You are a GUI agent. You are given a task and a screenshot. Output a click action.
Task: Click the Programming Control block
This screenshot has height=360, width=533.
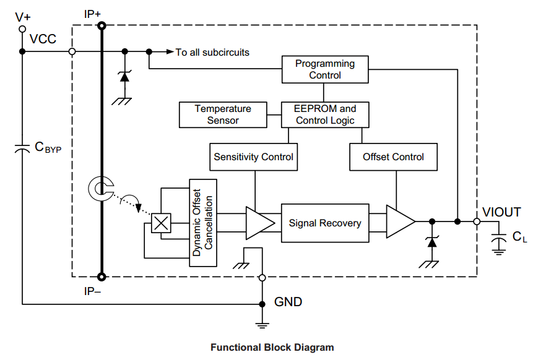(x=325, y=69)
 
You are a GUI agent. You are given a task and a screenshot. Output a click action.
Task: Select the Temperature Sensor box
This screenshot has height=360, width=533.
(x=223, y=114)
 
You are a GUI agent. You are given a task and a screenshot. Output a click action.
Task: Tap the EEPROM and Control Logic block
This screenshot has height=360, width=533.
(x=325, y=114)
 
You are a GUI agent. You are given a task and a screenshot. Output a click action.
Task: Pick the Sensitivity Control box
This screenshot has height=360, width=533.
(x=254, y=157)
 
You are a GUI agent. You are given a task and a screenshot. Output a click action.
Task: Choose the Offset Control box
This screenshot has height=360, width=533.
(x=394, y=157)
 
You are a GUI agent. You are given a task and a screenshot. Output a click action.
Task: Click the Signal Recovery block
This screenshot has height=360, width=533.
(x=325, y=223)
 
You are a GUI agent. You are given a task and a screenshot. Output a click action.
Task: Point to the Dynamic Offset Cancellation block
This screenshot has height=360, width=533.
(x=204, y=223)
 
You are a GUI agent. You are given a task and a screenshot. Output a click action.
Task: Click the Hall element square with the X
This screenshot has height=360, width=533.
(x=162, y=223)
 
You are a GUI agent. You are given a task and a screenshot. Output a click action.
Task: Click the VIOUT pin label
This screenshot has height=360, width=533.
(x=501, y=212)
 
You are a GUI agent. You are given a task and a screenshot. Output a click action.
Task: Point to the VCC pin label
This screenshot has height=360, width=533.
(x=43, y=40)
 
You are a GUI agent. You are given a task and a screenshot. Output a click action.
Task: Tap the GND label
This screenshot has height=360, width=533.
(x=288, y=302)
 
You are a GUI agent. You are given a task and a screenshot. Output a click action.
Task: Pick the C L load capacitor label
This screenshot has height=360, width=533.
(x=519, y=237)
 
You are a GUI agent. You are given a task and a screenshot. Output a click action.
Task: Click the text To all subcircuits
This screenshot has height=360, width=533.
(x=212, y=52)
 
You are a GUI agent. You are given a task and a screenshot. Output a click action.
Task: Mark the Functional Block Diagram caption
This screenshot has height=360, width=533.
(x=272, y=348)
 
